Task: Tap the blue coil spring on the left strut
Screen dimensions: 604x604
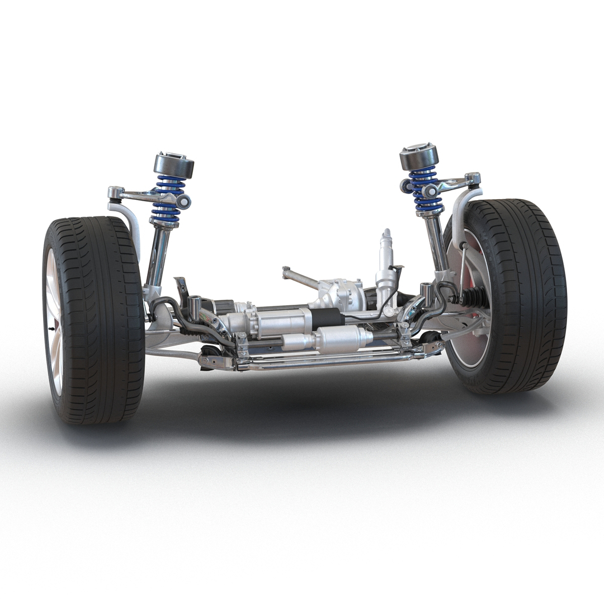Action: click(167, 199)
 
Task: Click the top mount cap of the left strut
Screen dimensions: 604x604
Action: click(174, 164)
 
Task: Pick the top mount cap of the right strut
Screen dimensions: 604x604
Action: click(419, 156)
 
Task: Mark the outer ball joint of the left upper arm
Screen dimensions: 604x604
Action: click(115, 193)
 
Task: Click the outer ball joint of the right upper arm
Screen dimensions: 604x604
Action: click(473, 179)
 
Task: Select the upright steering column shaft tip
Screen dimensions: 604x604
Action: click(386, 235)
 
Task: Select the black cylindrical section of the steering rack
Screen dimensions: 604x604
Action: click(327, 319)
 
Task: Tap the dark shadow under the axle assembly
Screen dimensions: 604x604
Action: click(302, 403)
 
